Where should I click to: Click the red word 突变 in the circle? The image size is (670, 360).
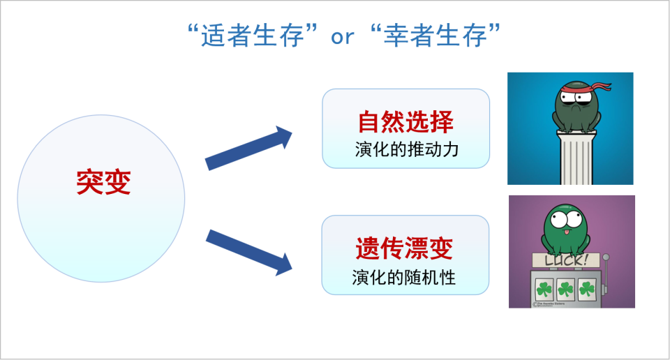(103, 183)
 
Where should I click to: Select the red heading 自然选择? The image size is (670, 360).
(405, 122)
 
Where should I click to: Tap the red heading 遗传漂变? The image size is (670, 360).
(405, 248)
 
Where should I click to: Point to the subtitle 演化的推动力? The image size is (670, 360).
(405, 149)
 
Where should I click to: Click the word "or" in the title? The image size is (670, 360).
(342, 36)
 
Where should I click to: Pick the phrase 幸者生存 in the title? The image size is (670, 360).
(435, 36)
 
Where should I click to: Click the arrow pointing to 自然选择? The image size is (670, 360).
(249, 148)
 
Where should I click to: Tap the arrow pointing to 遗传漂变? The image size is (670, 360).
(249, 251)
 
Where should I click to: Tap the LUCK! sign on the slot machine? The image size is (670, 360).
(565, 260)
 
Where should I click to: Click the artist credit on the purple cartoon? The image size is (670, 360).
(552, 304)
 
